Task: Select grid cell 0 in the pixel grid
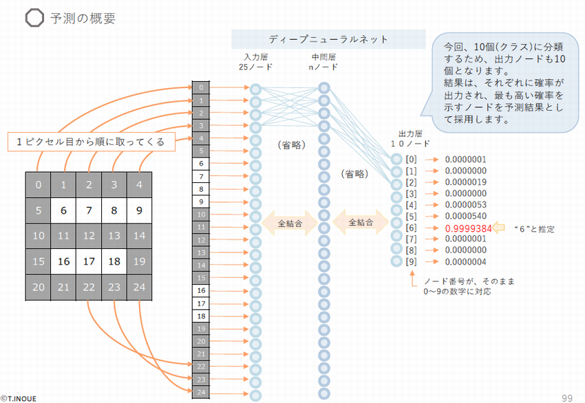tap(39, 185)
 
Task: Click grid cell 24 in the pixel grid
tap(140, 287)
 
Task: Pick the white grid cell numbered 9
tap(140, 210)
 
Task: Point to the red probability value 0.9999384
tap(468, 228)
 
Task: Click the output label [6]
tap(412, 228)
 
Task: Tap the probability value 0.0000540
tap(466, 216)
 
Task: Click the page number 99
tap(567, 397)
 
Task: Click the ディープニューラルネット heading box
tap(328, 39)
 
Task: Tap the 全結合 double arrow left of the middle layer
tap(289, 224)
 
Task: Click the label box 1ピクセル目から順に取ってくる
tap(91, 142)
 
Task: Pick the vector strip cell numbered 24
tap(200, 392)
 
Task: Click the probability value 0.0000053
tap(466, 205)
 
